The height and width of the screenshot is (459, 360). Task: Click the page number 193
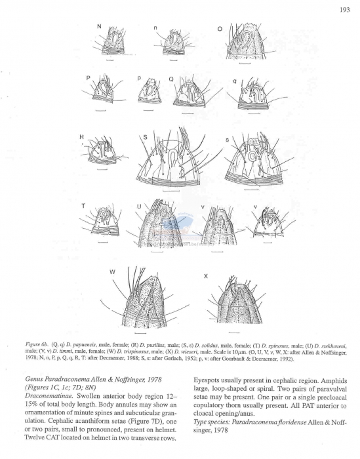344,10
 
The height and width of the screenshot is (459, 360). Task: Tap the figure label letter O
220,28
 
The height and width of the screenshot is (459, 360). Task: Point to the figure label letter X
206,276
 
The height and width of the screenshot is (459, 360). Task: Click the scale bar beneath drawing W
140,325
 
